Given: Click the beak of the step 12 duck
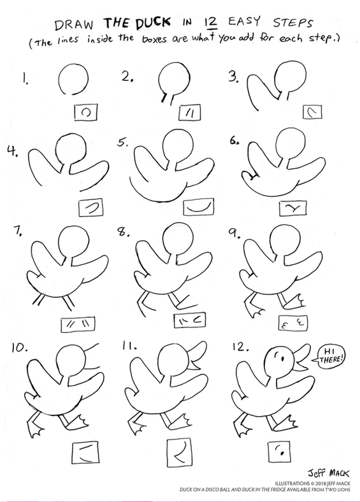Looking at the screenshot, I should [x=298, y=365].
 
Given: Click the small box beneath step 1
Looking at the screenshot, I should [x=85, y=113].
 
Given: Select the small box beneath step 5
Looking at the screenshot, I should [x=196, y=208].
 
